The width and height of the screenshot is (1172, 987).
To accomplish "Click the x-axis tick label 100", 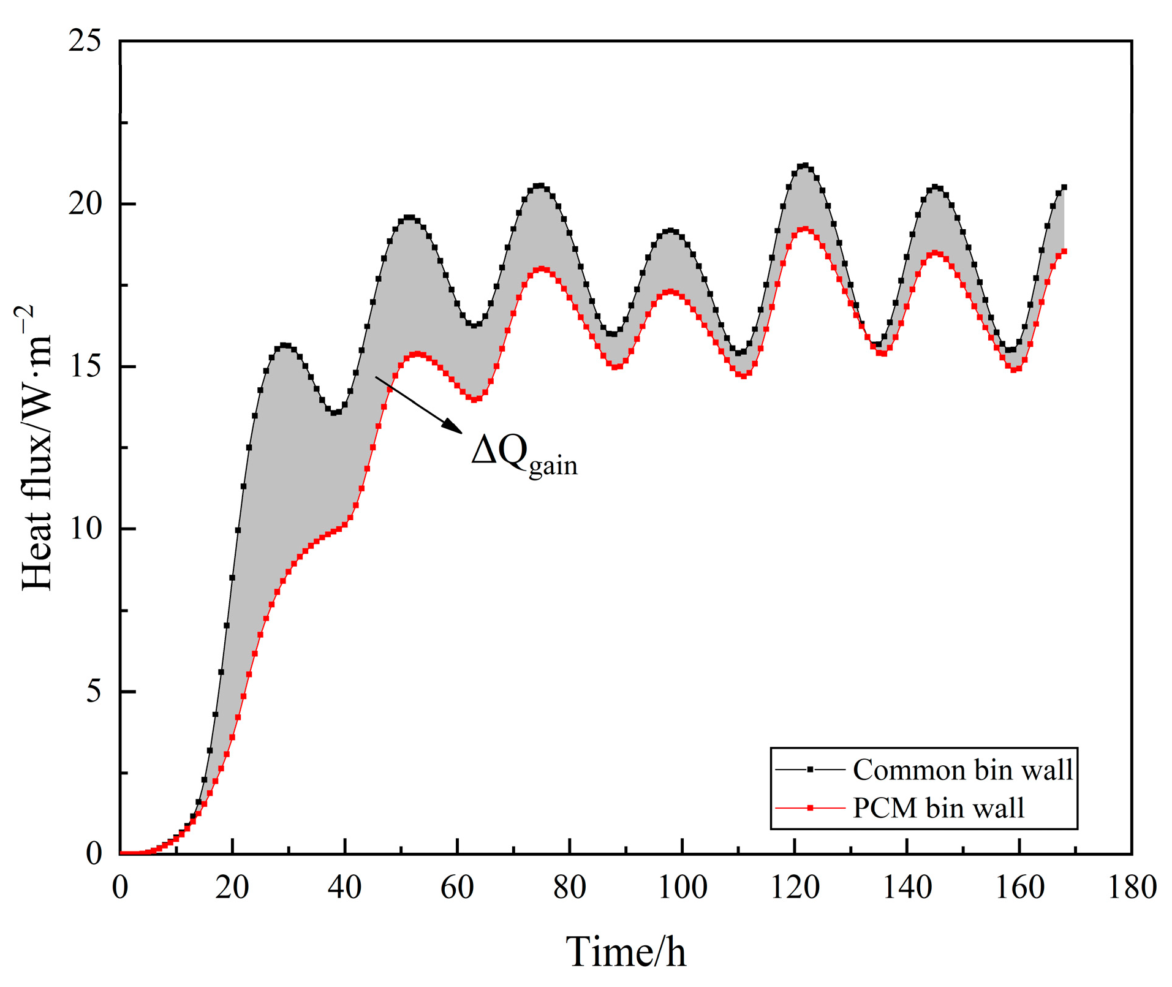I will click(682, 887).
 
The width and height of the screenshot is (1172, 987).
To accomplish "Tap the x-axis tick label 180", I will click(1132, 887).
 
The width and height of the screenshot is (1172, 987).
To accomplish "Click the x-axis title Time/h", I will click(626, 951).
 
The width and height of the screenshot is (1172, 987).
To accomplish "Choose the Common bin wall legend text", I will click(962, 770).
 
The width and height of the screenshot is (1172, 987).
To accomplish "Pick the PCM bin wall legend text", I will click(938, 808).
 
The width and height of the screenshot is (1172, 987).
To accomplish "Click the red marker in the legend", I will click(810, 808).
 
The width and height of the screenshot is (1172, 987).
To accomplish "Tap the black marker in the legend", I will click(810, 770).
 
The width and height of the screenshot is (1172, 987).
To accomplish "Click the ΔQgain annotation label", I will click(524, 454).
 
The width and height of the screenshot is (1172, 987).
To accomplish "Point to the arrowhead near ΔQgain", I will click(454, 426).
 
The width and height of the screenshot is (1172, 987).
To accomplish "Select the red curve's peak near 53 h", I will click(418, 354).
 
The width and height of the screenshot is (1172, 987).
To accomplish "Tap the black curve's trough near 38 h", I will click(335, 412).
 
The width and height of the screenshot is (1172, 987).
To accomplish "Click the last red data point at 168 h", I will click(1064, 251).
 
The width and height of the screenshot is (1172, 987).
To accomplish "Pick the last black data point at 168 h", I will click(1064, 187).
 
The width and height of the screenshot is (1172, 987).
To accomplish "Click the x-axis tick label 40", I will click(345, 887).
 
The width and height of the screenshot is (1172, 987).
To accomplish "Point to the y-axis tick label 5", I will click(93, 691).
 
